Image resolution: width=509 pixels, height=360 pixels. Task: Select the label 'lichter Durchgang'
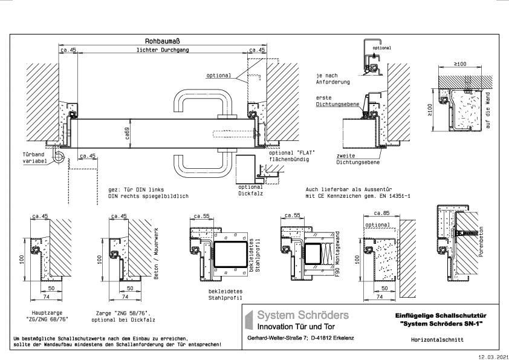click(x=162, y=50)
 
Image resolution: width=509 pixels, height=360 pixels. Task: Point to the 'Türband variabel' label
click(x=34, y=157)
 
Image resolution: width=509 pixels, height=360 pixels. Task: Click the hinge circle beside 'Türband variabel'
click(x=58, y=157)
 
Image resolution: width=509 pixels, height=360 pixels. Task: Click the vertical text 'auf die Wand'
click(x=488, y=110)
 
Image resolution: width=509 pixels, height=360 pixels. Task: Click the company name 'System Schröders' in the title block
click(x=303, y=315)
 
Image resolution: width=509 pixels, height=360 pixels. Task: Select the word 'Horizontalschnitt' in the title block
click(x=441, y=340)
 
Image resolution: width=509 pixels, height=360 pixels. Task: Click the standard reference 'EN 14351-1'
click(x=395, y=197)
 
